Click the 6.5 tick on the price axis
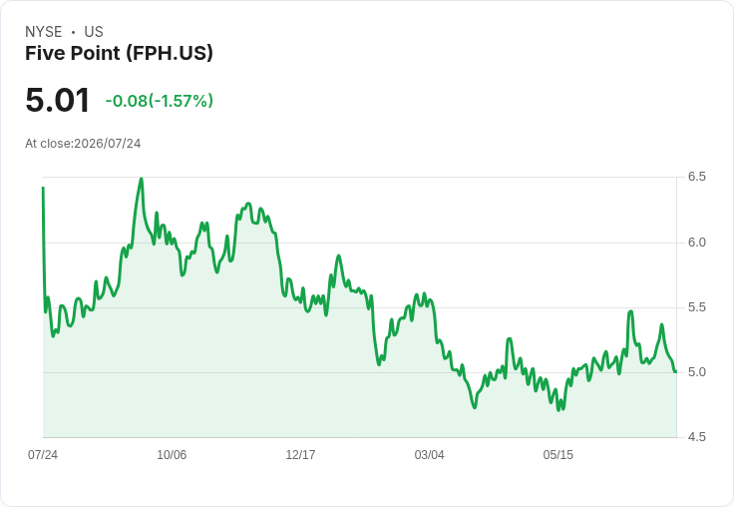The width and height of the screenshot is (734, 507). (696, 177)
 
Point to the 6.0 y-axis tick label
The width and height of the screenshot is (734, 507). (696, 243)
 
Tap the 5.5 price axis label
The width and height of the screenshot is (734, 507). (696, 307)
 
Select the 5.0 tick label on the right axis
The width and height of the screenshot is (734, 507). (696, 372)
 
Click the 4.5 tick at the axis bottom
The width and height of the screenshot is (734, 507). (696, 437)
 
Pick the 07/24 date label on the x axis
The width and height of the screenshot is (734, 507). (43, 454)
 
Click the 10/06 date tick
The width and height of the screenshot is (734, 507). (172, 454)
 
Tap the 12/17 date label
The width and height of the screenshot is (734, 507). (300, 454)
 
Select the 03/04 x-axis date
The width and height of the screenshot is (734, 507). (429, 454)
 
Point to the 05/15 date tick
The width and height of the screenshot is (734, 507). (558, 454)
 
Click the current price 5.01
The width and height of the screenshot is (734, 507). (57, 100)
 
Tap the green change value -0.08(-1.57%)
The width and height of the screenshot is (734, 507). (160, 101)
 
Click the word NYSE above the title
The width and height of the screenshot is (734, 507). (44, 32)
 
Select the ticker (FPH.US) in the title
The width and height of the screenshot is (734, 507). (169, 53)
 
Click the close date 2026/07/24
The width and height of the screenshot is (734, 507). (107, 144)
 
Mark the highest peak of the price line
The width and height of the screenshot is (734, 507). (142, 179)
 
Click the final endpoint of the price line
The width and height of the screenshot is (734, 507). (675, 371)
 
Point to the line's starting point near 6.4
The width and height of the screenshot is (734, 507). (43, 188)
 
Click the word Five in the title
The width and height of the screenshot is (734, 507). (45, 53)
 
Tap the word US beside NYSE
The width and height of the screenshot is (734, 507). (94, 32)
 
